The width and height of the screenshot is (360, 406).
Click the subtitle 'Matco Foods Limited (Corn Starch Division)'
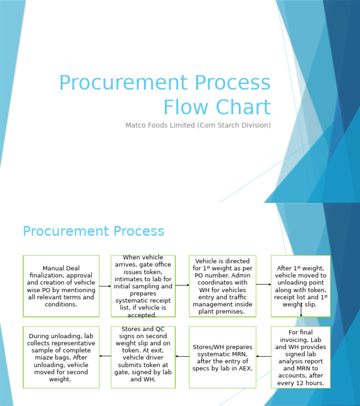pos(198,125)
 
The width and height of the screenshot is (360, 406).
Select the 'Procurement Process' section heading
pos(93,231)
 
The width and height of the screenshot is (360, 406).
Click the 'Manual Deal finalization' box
pos(61,286)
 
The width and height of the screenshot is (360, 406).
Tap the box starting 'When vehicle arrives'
pos(143,286)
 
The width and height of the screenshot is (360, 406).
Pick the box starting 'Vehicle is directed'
pos(222,286)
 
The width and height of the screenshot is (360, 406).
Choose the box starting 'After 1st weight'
pos(300,286)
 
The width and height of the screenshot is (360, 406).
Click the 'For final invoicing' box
pos(300,357)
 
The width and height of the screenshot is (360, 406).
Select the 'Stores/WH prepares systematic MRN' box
pos(222,357)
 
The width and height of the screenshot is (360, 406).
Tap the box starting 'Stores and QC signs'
pos(143,357)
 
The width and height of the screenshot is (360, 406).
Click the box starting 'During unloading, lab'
pos(61,357)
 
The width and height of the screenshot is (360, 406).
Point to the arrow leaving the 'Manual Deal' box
pos(105,286)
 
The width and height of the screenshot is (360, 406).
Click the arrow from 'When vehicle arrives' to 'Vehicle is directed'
pos(182,285)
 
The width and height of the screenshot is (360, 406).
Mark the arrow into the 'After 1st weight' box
pos(263,285)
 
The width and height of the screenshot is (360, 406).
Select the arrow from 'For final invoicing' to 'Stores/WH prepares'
pos(263,356)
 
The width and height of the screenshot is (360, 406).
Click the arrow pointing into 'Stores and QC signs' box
pos(182,356)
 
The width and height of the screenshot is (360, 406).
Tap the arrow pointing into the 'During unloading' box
pos(105,356)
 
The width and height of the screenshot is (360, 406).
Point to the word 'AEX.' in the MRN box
pos(244,368)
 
